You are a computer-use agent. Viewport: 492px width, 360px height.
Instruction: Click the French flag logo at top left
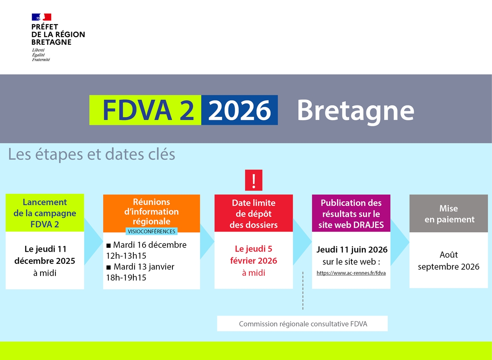click(41, 17)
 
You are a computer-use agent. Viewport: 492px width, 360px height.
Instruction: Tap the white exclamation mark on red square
click(253, 180)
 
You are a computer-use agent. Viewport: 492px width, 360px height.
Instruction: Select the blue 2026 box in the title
click(239, 110)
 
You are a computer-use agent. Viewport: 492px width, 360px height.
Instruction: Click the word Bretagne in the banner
click(355, 110)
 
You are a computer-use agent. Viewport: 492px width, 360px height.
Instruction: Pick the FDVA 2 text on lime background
click(148, 110)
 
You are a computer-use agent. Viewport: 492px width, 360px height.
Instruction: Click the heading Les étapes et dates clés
click(92, 154)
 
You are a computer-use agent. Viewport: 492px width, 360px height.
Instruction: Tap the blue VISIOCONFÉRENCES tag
click(152, 231)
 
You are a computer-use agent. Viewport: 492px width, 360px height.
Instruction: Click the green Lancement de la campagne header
click(45, 213)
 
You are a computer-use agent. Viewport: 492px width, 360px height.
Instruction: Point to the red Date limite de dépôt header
click(253, 213)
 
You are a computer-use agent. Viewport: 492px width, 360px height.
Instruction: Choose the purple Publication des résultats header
click(351, 213)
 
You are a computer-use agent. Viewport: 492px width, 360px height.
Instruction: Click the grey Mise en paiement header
click(449, 213)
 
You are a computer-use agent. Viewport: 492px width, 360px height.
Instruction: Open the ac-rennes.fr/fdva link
click(351, 273)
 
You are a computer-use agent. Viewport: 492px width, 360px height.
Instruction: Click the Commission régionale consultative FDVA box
click(302, 324)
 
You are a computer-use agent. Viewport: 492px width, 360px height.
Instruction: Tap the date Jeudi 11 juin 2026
click(352, 250)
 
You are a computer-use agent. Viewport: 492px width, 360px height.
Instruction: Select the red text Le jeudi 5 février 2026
click(253, 254)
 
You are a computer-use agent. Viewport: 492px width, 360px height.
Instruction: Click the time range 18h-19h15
click(126, 278)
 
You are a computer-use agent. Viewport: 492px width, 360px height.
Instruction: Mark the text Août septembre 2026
click(449, 261)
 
